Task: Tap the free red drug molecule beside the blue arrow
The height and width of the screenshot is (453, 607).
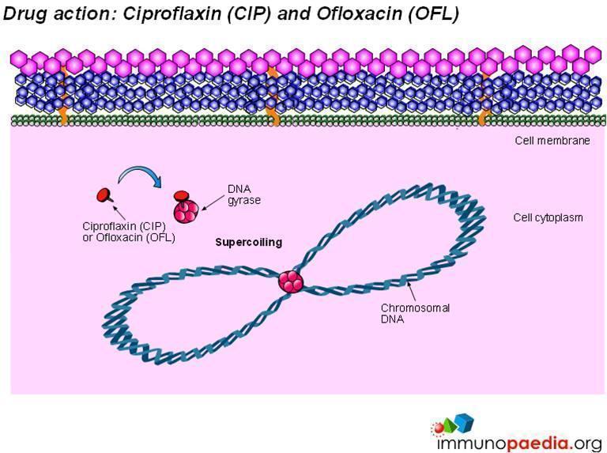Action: pyautogui.click(x=104, y=195)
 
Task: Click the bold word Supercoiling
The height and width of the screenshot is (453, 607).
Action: pyautogui.click(x=248, y=243)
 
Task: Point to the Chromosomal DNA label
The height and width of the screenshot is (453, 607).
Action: pyautogui.click(x=415, y=314)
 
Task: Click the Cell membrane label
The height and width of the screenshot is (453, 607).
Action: pyautogui.click(x=552, y=141)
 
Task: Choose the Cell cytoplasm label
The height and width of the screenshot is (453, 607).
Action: pyautogui.click(x=549, y=217)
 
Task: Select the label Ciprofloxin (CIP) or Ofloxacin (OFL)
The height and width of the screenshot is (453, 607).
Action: pyautogui.click(x=129, y=232)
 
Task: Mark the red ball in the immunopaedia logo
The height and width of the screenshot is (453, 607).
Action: pyautogui.click(x=439, y=428)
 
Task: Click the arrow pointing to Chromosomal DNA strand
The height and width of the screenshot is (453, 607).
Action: pyautogui.click(x=412, y=291)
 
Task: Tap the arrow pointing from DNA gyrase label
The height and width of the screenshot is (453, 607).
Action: pyautogui.click(x=213, y=202)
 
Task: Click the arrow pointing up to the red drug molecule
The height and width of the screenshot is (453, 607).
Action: pyautogui.click(x=119, y=213)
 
